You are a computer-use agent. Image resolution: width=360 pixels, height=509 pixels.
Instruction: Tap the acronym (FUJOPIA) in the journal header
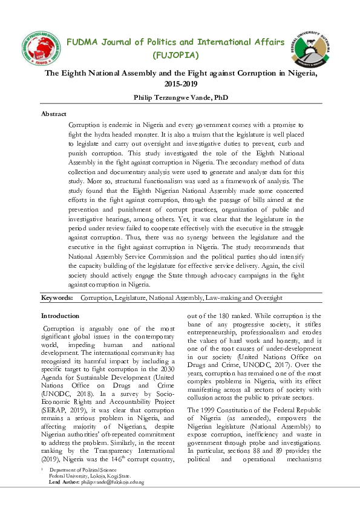tap(175, 56)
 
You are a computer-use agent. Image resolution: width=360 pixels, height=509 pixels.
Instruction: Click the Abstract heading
tap(54, 114)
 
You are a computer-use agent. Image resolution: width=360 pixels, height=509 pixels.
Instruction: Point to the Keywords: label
tap(57, 298)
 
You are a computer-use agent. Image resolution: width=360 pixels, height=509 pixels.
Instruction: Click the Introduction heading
tap(60, 316)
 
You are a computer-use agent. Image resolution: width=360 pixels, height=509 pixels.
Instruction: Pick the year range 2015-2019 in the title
tap(180, 83)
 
